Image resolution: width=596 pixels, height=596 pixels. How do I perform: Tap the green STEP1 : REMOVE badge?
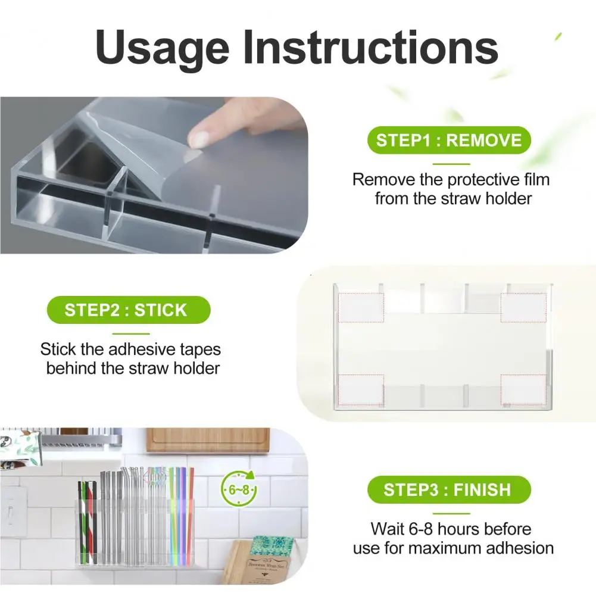tap(449, 141)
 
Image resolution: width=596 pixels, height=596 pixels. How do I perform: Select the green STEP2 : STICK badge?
tap(129, 310)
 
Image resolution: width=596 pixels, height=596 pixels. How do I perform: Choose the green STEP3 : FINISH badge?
tap(449, 489)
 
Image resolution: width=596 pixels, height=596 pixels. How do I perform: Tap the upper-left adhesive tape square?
tap(361, 307)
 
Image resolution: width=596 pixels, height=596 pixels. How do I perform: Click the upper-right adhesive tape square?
tap(523, 307)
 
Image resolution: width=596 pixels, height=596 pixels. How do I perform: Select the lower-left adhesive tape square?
tap(361, 390)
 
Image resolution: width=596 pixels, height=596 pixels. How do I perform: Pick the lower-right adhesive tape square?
tap(523, 390)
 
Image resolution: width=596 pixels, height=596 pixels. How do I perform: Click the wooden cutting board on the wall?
tap(208, 440)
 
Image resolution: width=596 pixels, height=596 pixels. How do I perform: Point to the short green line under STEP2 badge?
tap(131, 334)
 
